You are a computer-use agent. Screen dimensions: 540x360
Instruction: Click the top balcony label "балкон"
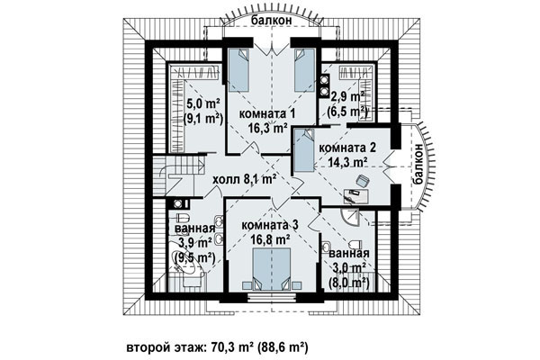[272, 20]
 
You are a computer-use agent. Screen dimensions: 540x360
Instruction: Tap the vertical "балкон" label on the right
[418, 165]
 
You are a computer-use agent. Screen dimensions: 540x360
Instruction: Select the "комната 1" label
[267, 114]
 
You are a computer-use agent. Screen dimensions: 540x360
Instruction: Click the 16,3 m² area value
[268, 129]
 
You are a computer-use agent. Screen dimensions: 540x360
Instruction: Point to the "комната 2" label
[347, 148]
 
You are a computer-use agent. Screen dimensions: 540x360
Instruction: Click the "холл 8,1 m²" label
[245, 179]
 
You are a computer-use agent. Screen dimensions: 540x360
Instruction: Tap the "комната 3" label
[270, 225]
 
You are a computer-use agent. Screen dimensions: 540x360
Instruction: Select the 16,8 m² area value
[270, 238]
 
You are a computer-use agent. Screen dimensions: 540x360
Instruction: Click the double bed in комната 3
[272, 269]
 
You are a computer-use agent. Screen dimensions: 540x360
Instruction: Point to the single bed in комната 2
[304, 150]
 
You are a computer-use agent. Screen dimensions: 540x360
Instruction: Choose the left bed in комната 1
[238, 70]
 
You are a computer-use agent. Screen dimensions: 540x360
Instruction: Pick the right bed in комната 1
[305, 70]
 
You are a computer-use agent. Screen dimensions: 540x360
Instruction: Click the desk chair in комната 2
[363, 181]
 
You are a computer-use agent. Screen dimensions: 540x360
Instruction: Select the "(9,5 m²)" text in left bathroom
[194, 257]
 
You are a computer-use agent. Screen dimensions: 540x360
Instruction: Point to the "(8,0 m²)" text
[349, 283]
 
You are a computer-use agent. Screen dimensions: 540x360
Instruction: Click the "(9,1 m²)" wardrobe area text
[202, 118]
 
